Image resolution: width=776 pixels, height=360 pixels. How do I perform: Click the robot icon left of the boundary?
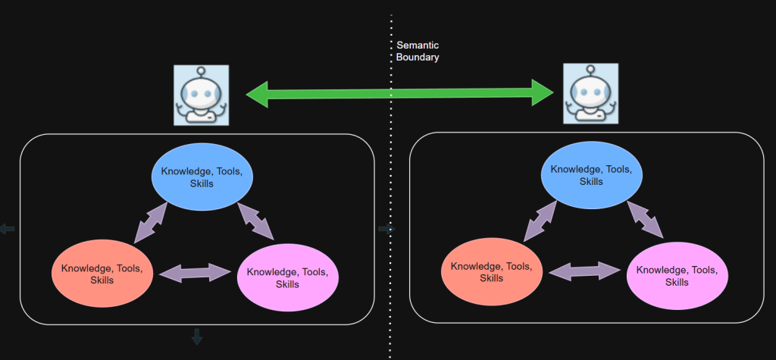coord(201,95)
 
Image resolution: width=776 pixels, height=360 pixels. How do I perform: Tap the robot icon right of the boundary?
coord(590,93)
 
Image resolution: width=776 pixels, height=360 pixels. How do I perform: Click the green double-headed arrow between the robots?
coord(400,93)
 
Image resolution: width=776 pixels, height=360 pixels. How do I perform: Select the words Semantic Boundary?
coord(418,51)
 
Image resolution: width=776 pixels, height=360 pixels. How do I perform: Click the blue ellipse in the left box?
coord(202,177)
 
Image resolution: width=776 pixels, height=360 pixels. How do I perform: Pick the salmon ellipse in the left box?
coord(102,274)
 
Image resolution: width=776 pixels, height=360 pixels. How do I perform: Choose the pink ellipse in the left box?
coord(288,277)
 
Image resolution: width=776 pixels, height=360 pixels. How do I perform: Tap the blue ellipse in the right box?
coord(591,175)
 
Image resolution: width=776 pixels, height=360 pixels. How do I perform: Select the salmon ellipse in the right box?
coord(492,272)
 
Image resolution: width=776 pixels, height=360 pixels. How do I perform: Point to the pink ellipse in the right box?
coord(677,276)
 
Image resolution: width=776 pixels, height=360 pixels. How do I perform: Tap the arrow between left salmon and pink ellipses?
coord(196,272)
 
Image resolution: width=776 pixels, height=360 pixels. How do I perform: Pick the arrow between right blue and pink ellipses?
coord(645,219)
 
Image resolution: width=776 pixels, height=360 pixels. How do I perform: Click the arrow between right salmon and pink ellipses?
coord(585,271)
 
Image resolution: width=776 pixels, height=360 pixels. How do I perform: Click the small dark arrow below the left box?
coord(197,337)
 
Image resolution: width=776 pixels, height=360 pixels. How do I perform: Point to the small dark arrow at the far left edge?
coord(8,229)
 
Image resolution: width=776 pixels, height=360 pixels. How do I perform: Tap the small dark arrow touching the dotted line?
coord(386,229)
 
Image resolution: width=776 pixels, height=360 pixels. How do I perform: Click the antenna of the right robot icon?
coord(590,71)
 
